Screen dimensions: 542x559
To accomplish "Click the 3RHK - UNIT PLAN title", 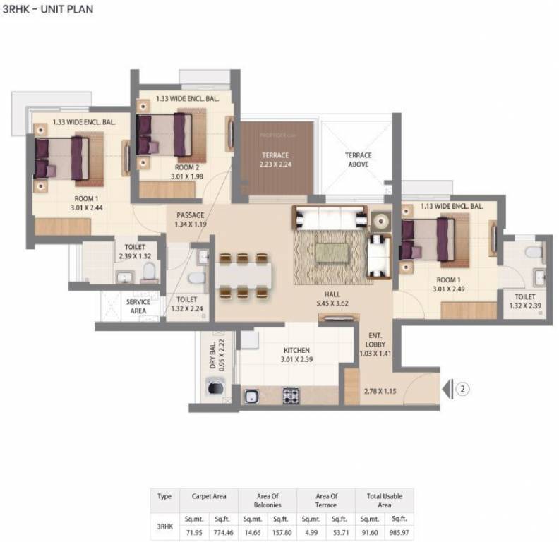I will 47,9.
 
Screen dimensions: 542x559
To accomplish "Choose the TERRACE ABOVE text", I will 358,159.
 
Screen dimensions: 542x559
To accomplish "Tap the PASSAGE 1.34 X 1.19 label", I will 190,219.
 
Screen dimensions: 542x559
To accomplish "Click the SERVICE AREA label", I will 138,306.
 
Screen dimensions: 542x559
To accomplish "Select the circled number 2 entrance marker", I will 462,388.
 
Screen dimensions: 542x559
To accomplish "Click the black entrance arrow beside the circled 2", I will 446,388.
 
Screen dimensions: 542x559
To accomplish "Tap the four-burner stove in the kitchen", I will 291,396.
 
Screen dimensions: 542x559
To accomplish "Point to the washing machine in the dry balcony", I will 214,389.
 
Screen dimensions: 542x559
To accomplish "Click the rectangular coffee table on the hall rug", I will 331,251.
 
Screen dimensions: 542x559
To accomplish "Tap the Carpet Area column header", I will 208,496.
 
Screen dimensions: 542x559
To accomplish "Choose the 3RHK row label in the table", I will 164,526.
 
